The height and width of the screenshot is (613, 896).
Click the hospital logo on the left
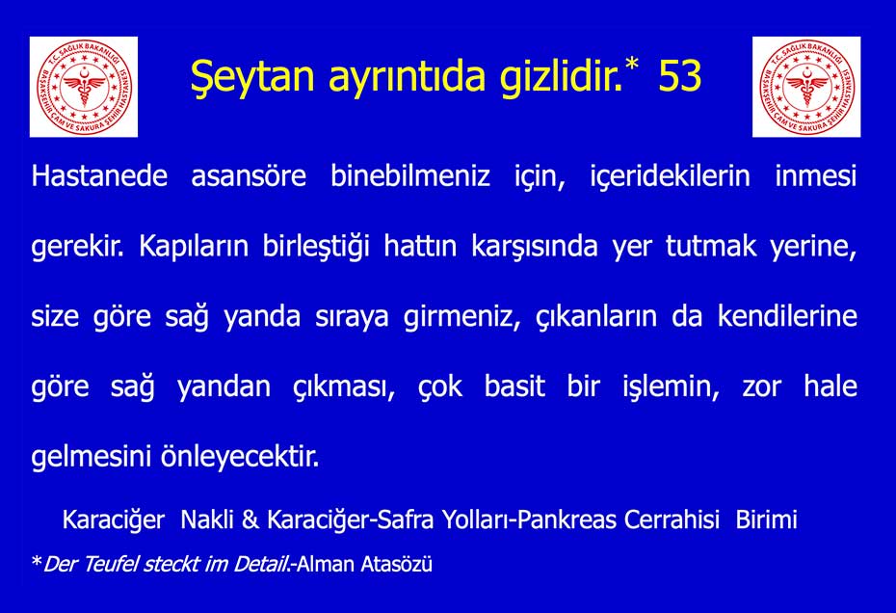(x=84, y=87)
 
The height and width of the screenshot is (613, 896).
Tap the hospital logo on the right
(x=806, y=87)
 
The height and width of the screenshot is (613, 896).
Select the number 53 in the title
(x=679, y=75)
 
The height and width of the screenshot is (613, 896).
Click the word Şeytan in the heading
(x=252, y=77)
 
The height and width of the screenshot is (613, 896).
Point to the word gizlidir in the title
(x=561, y=75)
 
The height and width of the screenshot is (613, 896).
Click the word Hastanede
(x=99, y=175)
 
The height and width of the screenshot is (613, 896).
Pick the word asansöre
(x=249, y=175)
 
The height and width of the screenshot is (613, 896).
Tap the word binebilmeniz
(x=410, y=175)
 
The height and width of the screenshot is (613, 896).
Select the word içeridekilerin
(x=670, y=176)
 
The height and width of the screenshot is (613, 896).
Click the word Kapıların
(x=194, y=247)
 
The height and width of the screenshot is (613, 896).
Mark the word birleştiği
(x=316, y=247)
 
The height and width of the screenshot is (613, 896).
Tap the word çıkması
(x=344, y=387)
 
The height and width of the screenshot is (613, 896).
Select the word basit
(x=514, y=386)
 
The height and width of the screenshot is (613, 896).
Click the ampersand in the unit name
(x=250, y=520)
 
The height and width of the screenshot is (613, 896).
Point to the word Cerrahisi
(x=672, y=520)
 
